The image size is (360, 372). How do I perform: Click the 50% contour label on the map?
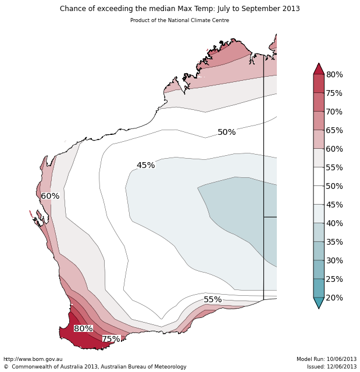click(x=226, y=133)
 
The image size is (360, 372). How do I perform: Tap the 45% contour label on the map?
click(x=145, y=166)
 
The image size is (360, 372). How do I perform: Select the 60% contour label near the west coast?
click(x=50, y=196)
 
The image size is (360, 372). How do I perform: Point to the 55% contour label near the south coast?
click(x=212, y=300)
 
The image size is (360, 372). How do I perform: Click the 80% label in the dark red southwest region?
click(x=83, y=329)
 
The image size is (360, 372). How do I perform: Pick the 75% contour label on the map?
click(x=111, y=339)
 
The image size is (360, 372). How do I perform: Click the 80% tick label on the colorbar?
click(x=334, y=75)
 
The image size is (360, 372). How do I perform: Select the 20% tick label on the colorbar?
click(x=334, y=298)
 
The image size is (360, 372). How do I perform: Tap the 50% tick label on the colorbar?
click(x=334, y=187)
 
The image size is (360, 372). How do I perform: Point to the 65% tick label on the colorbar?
click(x=334, y=131)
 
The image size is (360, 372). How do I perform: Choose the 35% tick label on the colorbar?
click(x=334, y=242)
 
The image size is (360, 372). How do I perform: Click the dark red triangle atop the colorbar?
click(x=319, y=69)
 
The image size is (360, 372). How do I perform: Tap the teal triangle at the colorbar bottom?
click(x=319, y=303)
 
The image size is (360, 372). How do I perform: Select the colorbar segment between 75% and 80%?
click(x=319, y=84)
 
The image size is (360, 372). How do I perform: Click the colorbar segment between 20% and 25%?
click(x=319, y=288)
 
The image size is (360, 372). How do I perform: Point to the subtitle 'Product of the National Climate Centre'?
click(x=180, y=20)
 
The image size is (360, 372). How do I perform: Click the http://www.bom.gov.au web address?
click(x=33, y=359)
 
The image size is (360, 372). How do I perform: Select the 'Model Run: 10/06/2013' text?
click(x=326, y=359)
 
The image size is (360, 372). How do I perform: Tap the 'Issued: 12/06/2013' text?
click(x=332, y=367)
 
